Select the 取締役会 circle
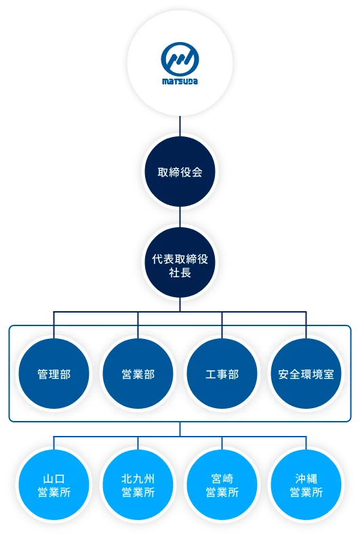click(180, 172)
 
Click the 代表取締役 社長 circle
click(180, 266)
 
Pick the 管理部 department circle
click(54, 374)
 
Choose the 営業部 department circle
click(138, 374)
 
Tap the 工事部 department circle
click(222, 374)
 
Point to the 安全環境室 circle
click(306, 374)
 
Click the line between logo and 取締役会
click(180, 126)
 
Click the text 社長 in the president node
click(180, 273)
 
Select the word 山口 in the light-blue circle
click(54, 477)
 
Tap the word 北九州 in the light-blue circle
click(138, 477)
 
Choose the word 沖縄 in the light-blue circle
click(306, 477)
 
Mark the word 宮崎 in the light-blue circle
click(222, 477)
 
